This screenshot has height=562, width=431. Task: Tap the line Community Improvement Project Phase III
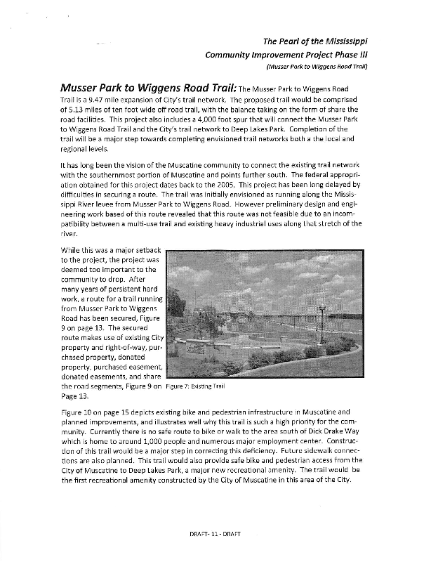tap(287, 54)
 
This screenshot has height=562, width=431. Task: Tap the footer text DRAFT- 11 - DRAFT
tap(215, 554)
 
